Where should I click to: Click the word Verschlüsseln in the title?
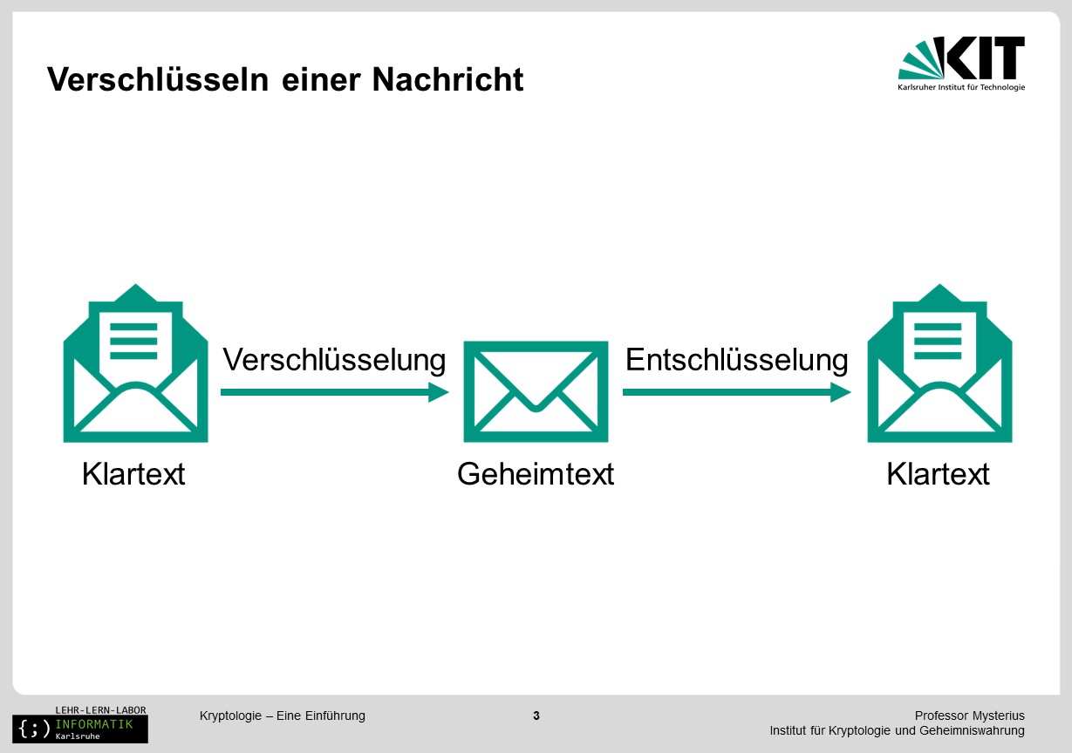pyautogui.click(x=158, y=79)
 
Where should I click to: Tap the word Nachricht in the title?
pyautogui.click(x=448, y=79)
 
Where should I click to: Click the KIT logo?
pyautogui.click(x=961, y=63)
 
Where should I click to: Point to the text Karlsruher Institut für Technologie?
pyautogui.click(x=961, y=87)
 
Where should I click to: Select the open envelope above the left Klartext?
pyautogui.click(x=135, y=363)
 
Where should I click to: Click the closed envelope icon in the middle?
pyautogui.click(x=536, y=391)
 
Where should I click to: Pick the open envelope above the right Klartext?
pyautogui.click(x=940, y=363)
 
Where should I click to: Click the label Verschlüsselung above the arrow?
pyautogui.click(x=334, y=360)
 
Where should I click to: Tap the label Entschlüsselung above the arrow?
pyautogui.click(x=736, y=360)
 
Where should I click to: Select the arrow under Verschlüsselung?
pyautogui.click(x=335, y=392)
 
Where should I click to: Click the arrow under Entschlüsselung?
pyautogui.click(x=736, y=392)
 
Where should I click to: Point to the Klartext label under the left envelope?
pyautogui.click(x=133, y=474)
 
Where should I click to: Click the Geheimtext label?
pyautogui.click(x=536, y=474)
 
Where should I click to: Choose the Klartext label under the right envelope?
pyautogui.click(x=938, y=474)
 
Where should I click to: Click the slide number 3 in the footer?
pyautogui.click(x=536, y=716)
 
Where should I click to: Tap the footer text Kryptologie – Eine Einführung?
pyautogui.click(x=283, y=716)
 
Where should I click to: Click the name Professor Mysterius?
pyautogui.click(x=970, y=716)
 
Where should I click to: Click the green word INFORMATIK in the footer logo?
pyautogui.click(x=94, y=724)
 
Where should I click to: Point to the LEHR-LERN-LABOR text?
pyautogui.click(x=100, y=710)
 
